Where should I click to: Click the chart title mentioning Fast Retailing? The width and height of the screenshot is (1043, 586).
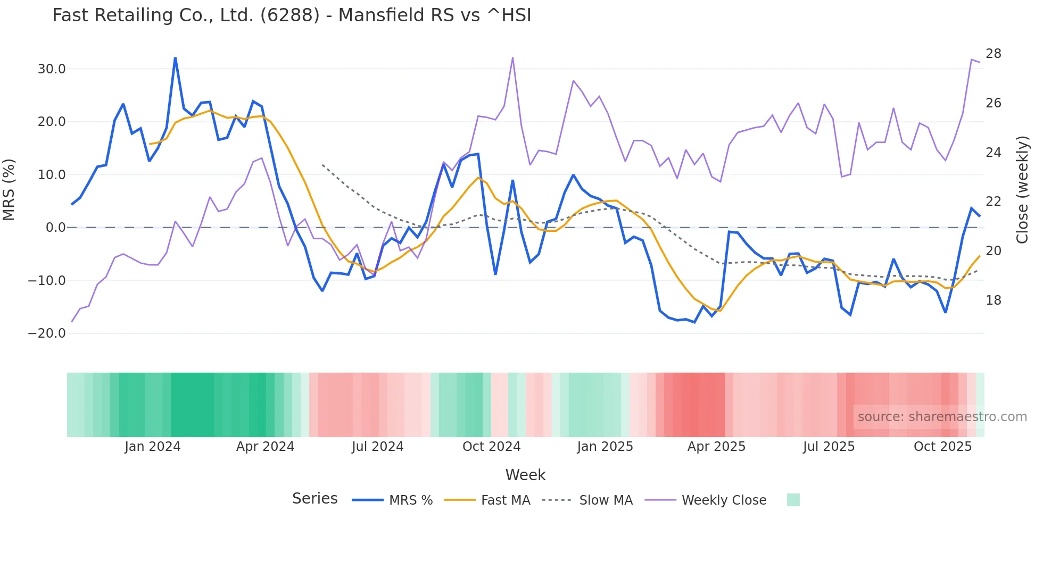(x=292, y=15)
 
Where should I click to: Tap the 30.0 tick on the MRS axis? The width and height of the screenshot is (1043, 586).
(x=52, y=69)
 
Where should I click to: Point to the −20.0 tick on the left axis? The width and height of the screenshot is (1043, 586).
(x=47, y=333)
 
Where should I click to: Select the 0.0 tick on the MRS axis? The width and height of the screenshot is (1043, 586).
(x=55, y=228)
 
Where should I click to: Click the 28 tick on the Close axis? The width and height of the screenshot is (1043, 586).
(x=993, y=54)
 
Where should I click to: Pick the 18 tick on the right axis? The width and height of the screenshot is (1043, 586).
(x=993, y=300)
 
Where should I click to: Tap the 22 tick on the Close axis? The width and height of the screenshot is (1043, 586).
(x=993, y=202)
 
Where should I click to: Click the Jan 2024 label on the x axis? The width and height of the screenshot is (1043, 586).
(x=153, y=447)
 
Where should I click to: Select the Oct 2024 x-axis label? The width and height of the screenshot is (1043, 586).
(x=491, y=447)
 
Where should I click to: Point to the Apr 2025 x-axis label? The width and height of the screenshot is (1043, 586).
(x=716, y=447)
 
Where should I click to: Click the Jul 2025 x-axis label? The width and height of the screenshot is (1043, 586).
(x=829, y=447)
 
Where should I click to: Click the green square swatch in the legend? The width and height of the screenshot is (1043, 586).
(x=793, y=500)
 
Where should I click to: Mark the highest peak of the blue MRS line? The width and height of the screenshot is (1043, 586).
(x=175, y=58)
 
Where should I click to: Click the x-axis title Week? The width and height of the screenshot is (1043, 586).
(x=525, y=475)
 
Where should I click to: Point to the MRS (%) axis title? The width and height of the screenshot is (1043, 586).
(x=9, y=190)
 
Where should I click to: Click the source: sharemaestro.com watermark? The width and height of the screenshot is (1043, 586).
(x=942, y=417)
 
